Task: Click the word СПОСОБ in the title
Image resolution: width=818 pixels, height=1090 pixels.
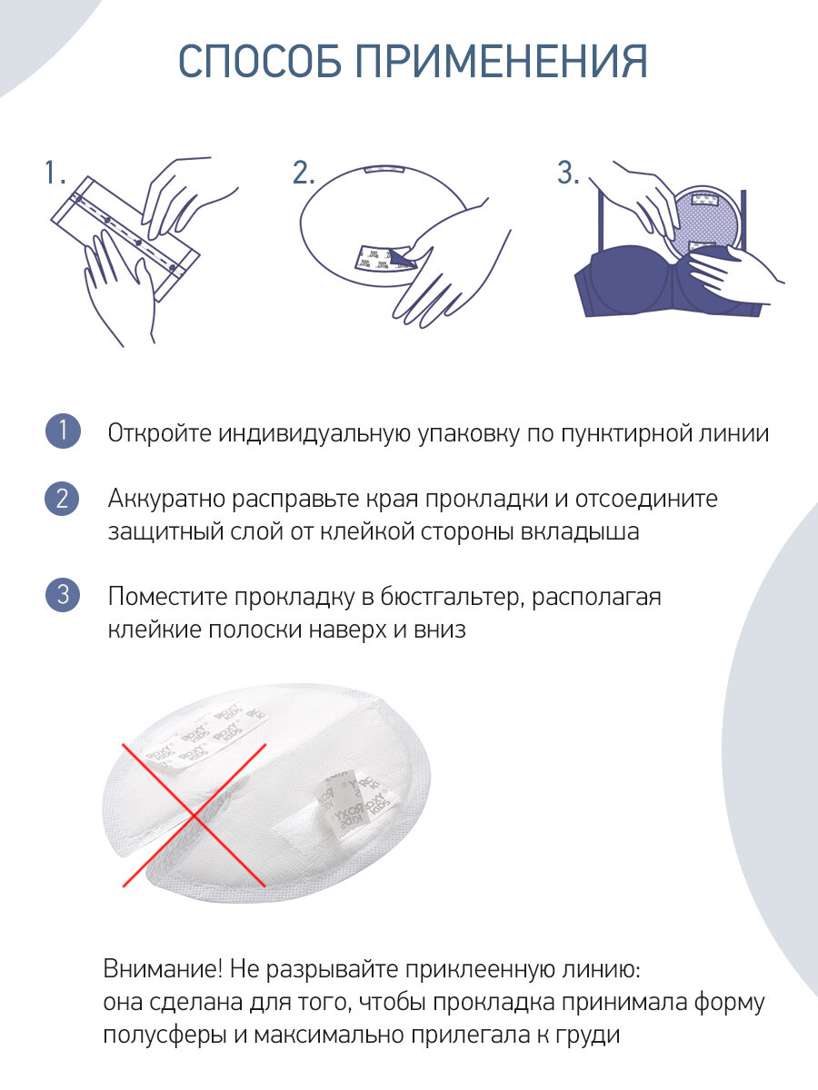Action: (260, 61)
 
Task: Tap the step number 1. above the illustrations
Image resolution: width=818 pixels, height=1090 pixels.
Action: (55, 172)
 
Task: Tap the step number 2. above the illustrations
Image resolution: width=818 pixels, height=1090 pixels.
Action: (304, 172)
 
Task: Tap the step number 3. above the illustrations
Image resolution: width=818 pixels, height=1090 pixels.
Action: (568, 172)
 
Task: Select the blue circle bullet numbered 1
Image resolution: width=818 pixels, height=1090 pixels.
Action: (63, 431)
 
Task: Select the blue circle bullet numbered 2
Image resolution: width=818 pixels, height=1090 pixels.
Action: (62, 499)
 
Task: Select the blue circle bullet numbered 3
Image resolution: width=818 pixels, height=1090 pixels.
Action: (63, 594)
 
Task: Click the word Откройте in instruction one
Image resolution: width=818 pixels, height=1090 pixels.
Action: (160, 433)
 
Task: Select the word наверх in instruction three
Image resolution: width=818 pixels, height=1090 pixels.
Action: (347, 630)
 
